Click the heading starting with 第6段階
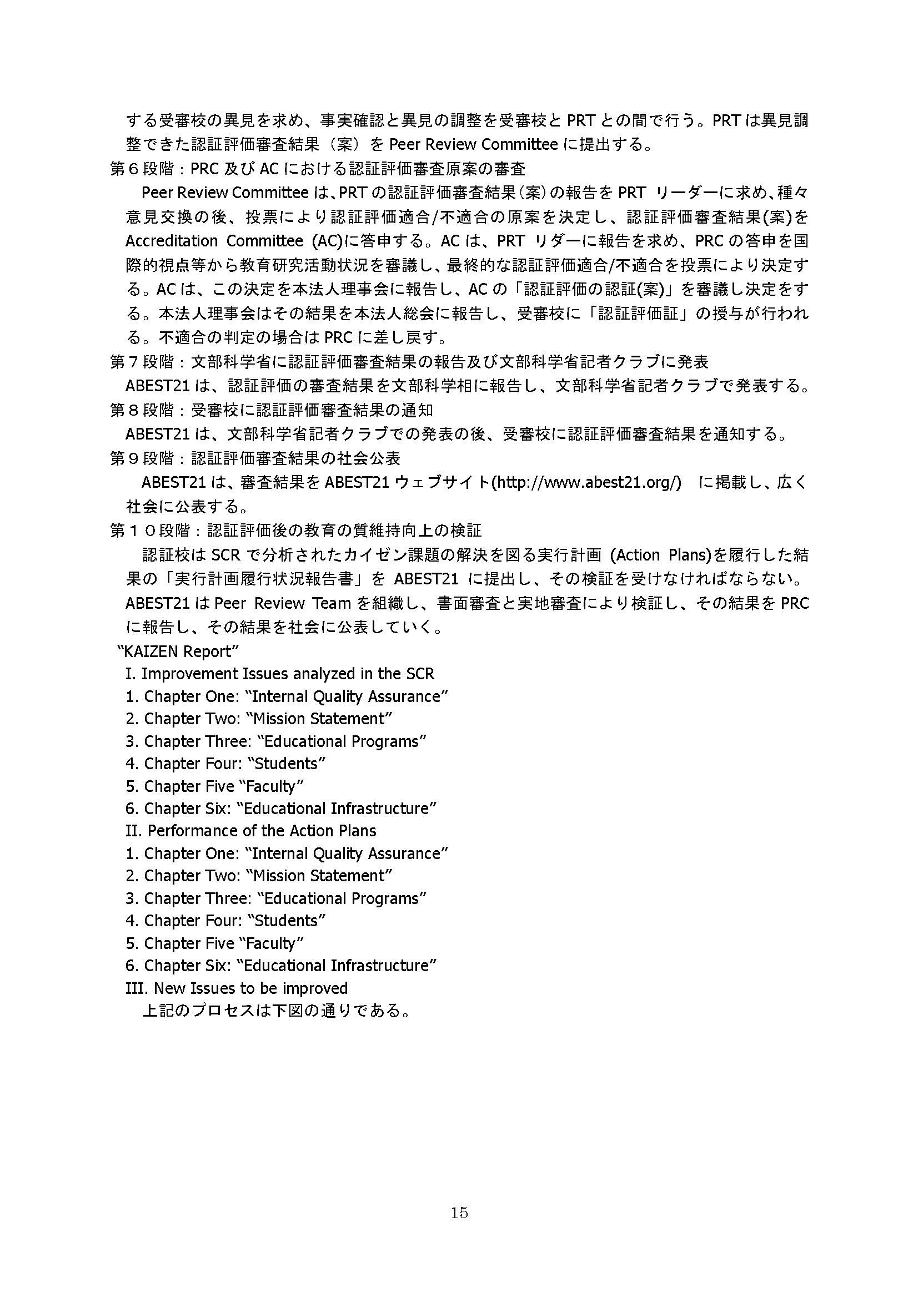[317, 169]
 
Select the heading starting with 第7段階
[409, 361]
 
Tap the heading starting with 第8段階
[272, 410]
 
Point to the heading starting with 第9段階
[255, 457]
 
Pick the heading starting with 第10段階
[295, 530]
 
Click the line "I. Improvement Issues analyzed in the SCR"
[280, 674]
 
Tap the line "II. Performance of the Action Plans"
[250, 831]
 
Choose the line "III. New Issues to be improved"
[237, 988]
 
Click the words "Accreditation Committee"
[214, 241]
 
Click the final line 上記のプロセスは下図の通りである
[276, 1010]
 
